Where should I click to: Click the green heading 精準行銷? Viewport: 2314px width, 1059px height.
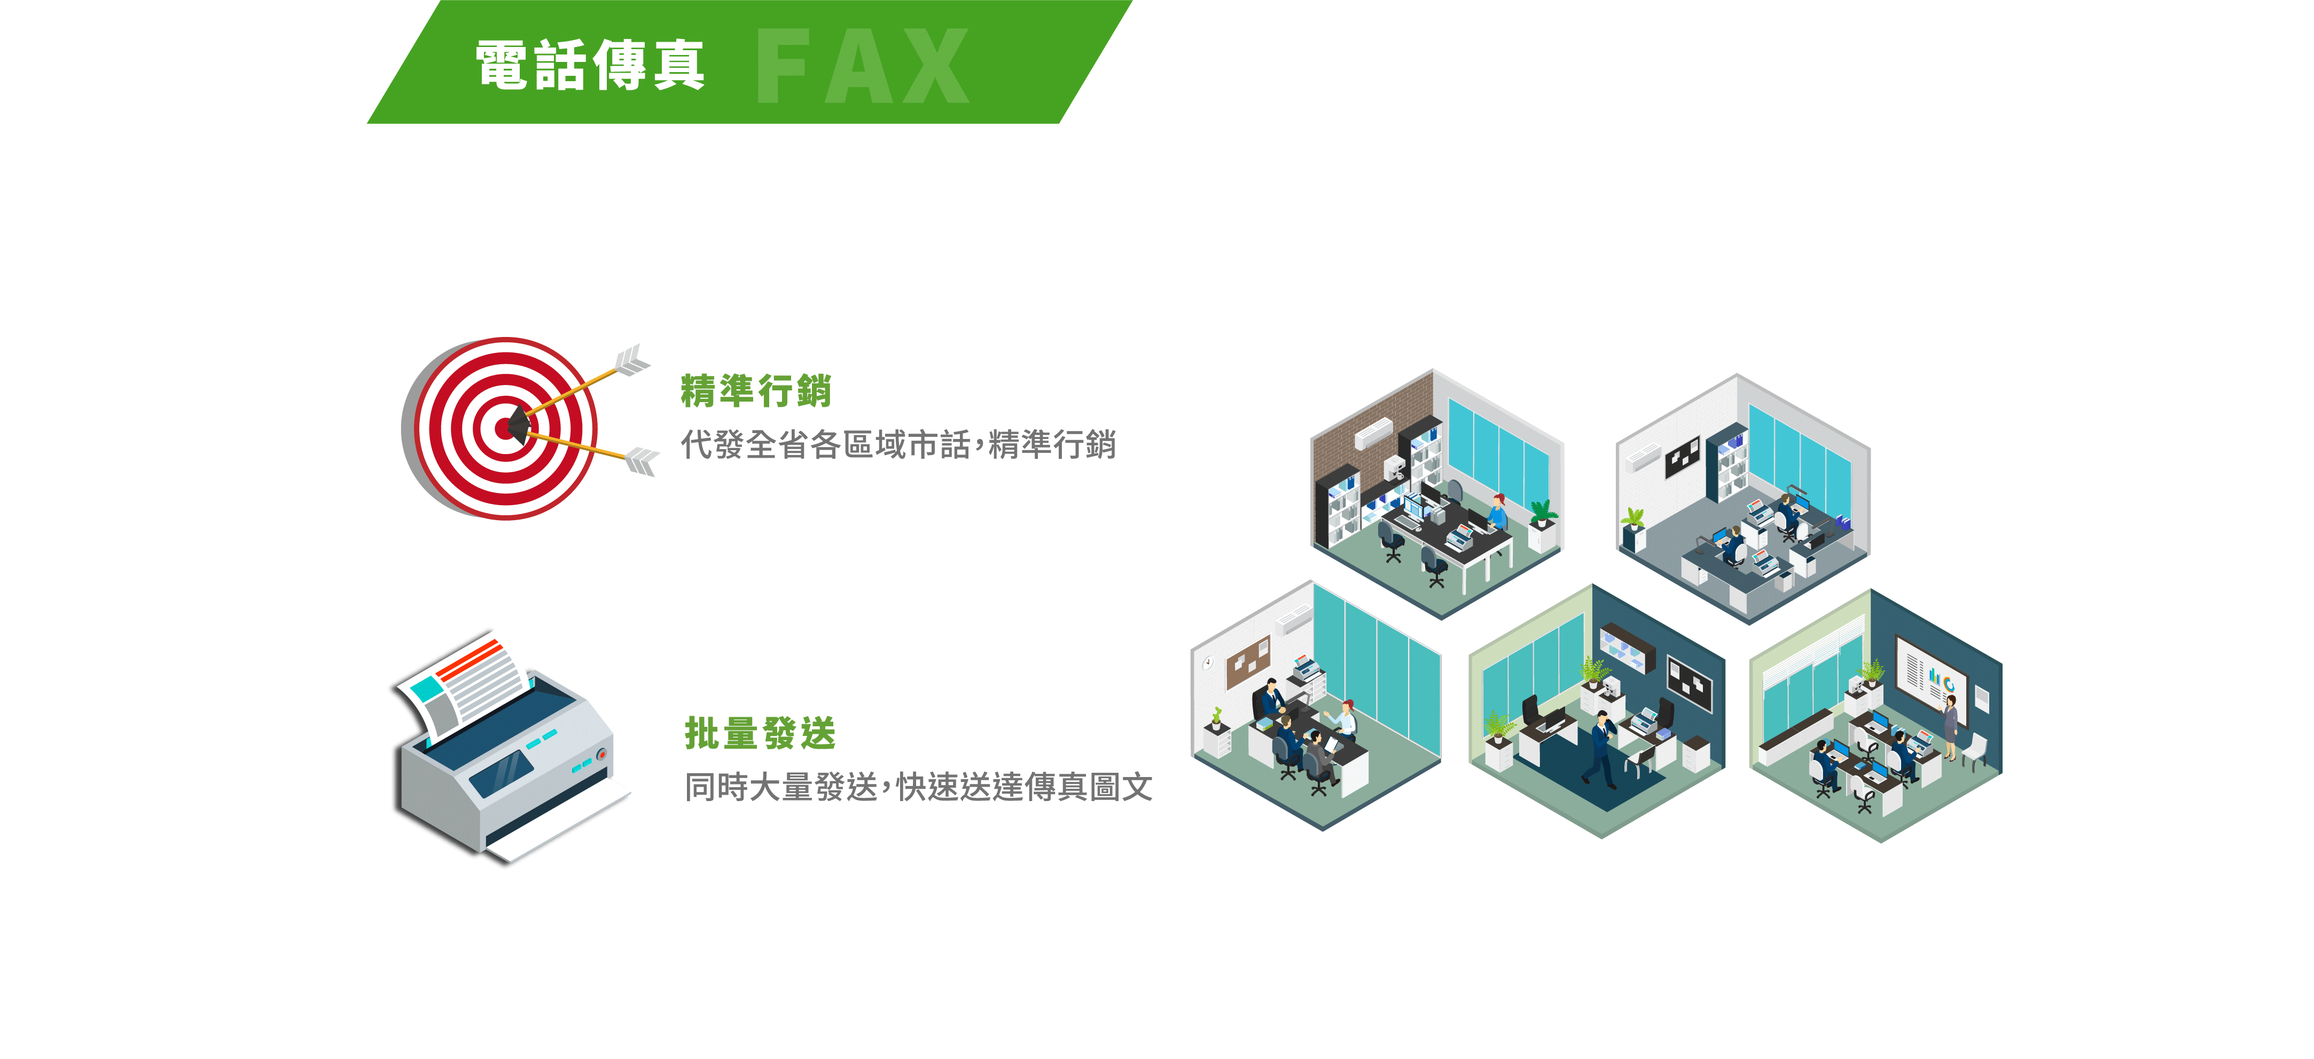point(755,391)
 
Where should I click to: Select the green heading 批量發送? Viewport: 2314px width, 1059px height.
point(760,733)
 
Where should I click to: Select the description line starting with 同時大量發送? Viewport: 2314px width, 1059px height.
point(918,787)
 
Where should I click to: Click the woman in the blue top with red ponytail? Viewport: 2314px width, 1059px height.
point(1497,512)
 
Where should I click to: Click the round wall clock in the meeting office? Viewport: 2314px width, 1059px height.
point(1208,663)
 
